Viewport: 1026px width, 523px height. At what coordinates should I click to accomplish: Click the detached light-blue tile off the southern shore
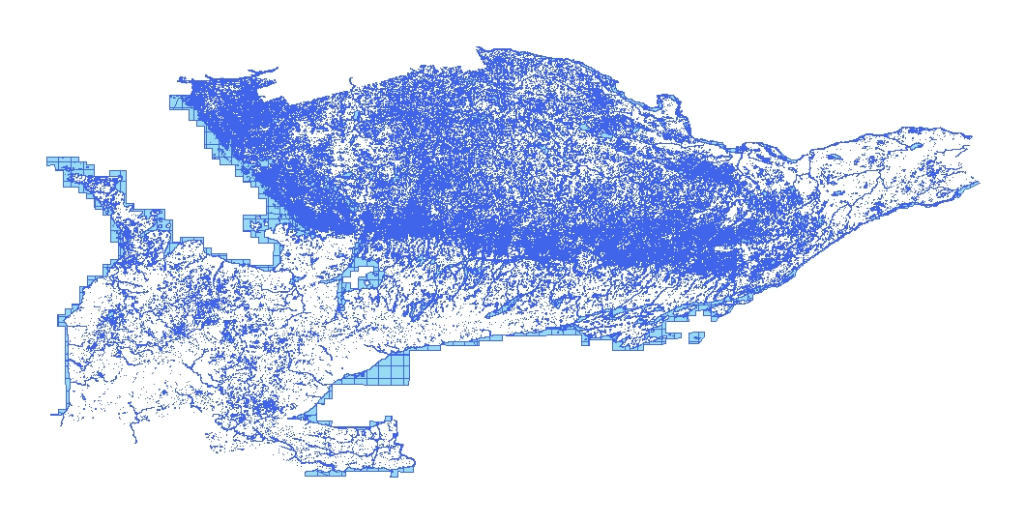coord(696,337)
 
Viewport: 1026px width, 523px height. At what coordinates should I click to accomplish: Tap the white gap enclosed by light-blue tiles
coord(366,279)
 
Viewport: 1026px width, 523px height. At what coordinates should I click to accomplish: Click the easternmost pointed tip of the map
coord(978,183)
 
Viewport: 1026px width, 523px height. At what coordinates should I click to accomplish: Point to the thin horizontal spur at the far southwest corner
coord(56,415)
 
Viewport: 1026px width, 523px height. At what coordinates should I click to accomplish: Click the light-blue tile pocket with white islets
coord(257,226)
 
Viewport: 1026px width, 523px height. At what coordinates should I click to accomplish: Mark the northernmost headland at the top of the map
coord(481,48)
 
